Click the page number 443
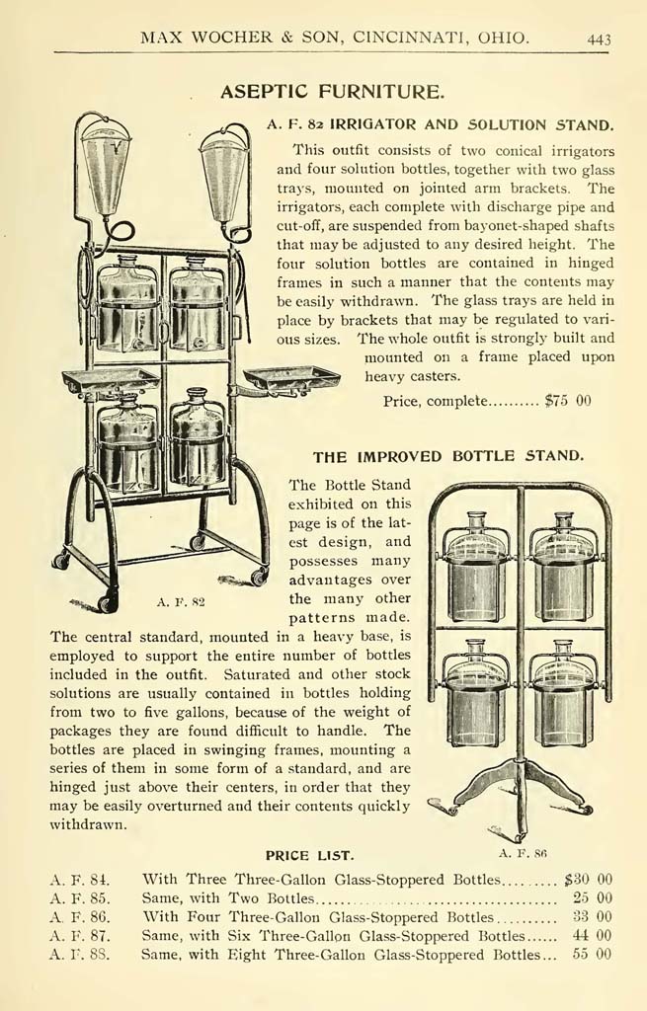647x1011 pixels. point(599,39)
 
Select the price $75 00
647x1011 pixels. point(568,401)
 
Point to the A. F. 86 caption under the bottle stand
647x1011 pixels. point(523,850)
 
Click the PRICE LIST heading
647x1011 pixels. point(309,854)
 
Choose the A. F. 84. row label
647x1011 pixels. point(80,879)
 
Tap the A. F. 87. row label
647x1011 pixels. point(80,935)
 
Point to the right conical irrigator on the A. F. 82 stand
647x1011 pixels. point(223,173)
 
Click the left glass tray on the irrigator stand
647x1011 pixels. point(111,379)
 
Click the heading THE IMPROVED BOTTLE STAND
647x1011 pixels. point(448,457)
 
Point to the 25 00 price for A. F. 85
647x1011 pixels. point(593,898)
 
